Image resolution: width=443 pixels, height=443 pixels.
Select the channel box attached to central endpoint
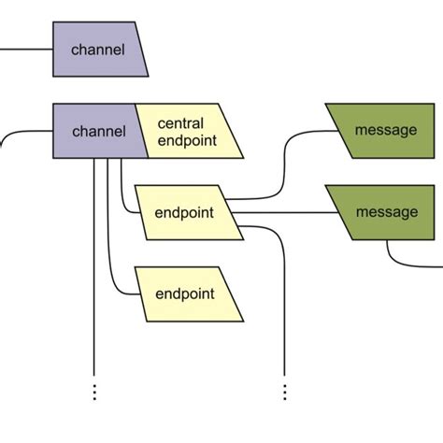pos(96,131)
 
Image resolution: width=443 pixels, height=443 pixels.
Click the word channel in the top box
pos(98,50)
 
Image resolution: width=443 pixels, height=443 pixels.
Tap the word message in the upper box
pos(386,131)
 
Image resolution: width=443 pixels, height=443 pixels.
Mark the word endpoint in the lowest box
pos(185,293)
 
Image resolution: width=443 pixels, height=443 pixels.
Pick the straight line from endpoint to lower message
pos(280,212)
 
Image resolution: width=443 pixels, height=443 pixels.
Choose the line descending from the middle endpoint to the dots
pos(284,308)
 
